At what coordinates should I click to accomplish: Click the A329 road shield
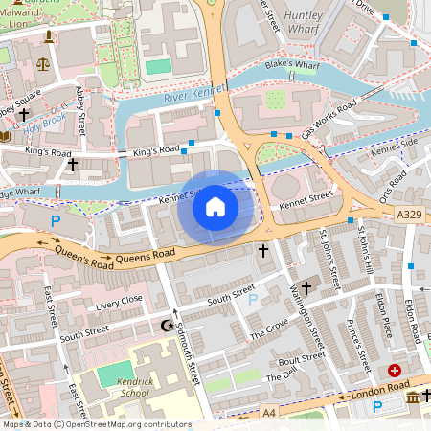coord(408,218)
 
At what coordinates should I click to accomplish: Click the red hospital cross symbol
coord(396,371)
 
